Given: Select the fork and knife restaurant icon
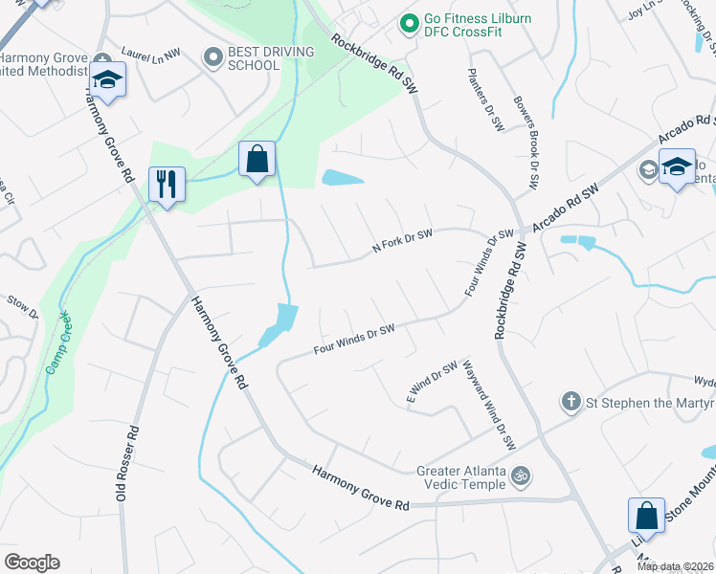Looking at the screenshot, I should (x=167, y=183).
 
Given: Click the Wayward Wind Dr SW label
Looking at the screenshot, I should (x=489, y=405).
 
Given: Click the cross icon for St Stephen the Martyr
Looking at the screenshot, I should (x=571, y=402).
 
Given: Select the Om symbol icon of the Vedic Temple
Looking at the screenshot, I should (x=522, y=474).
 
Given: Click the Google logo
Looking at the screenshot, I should (x=32, y=563).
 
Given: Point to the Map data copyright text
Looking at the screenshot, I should (x=676, y=566).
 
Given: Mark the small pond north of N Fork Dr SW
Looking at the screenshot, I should (x=343, y=178).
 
